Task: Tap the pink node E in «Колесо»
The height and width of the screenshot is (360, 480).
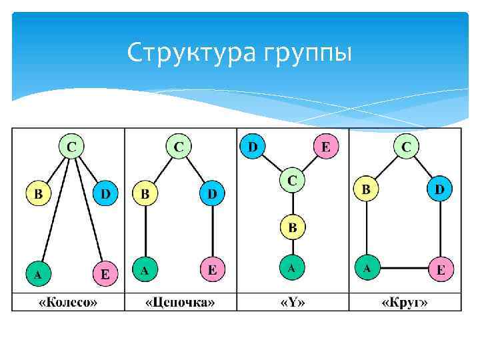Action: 105,273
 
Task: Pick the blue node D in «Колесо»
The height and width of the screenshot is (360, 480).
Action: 105,194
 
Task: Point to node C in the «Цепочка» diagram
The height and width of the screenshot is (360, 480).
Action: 179,145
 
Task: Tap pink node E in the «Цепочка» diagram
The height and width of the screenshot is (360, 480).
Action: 213,270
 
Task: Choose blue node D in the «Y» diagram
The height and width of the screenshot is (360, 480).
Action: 253,145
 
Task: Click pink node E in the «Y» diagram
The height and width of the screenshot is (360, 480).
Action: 325,145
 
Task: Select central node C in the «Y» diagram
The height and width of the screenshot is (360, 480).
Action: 291,179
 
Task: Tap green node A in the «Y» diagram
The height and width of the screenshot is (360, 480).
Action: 291,269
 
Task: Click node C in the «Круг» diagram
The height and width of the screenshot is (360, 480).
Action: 406,145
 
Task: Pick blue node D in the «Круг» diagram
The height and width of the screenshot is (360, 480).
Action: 439,189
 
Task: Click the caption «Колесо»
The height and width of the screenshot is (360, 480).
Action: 68,303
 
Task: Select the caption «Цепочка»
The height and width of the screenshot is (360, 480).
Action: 180,303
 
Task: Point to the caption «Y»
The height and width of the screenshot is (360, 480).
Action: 292,303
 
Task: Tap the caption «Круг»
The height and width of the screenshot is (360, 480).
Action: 404,303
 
